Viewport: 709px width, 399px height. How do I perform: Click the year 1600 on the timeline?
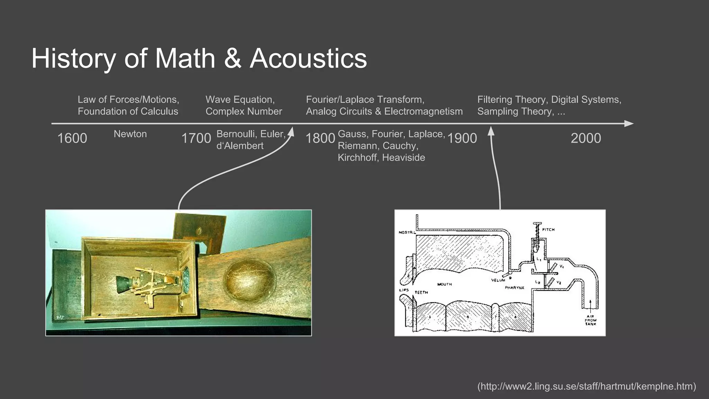coord(72,138)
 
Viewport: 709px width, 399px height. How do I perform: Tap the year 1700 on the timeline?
coord(196,138)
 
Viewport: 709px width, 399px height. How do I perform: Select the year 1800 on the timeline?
coord(320,138)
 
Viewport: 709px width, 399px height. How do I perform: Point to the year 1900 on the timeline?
coord(462,138)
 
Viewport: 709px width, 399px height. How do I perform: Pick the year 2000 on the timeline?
coord(586,138)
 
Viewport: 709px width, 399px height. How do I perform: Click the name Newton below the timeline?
coord(130,134)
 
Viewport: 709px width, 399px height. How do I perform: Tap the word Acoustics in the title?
coord(308,58)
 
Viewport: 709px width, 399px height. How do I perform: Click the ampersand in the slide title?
coord(232,58)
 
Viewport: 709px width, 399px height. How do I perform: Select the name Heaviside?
coord(404,158)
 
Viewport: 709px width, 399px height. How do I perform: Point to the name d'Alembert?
coord(240,146)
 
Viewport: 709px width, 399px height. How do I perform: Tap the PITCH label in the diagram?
coord(548,230)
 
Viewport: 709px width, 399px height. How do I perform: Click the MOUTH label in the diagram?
coord(445,284)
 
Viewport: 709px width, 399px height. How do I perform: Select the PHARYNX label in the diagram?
coord(514,288)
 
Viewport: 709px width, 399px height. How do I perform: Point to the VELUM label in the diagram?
coord(498,280)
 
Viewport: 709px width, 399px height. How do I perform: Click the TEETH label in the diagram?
coord(421,292)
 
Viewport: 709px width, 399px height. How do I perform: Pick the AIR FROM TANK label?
coord(590,320)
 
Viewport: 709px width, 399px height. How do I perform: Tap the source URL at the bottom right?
coord(586,386)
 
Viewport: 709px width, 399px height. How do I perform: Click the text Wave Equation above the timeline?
coord(240,100)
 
